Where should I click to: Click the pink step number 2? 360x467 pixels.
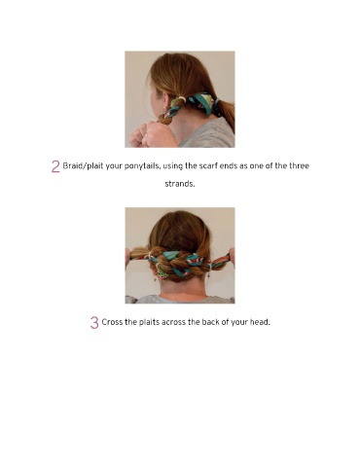coord(55,166)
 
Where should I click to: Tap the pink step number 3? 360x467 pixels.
coord(94,323)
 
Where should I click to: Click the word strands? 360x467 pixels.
coord(180,184)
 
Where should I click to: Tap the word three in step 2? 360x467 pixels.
coord(299,165)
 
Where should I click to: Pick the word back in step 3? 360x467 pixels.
coord(210,322)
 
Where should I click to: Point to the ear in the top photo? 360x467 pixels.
coord(164,100)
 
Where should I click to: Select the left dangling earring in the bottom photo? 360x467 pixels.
coord(155,277)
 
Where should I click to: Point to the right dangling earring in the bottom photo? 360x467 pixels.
coord(208,275)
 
